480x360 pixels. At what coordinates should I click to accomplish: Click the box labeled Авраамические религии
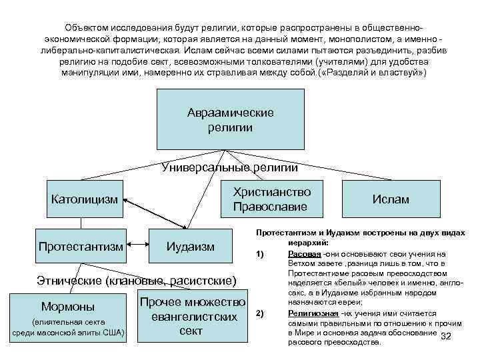click(x=231, y=119)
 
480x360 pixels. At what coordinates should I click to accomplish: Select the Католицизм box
click(x=85, y=199)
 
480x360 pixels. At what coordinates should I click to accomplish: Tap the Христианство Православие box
click(x=271, y=199)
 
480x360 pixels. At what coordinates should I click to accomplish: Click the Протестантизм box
click(x=81, y=247)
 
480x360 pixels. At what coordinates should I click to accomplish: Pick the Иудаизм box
click(x=190, y=247)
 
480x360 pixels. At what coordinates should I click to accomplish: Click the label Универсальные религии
click(x=229, y=167)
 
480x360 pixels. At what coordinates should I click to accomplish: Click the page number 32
click(x=446, y=336)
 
